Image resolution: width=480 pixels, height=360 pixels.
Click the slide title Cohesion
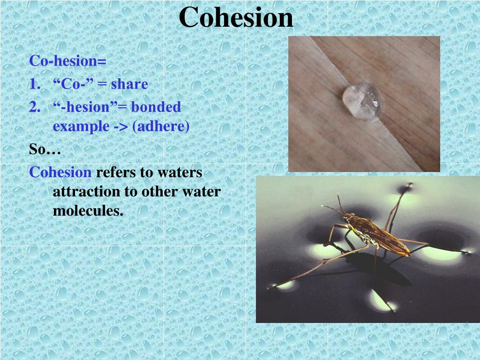236,18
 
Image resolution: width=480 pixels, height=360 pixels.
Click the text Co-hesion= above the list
68,61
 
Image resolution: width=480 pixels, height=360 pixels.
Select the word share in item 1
129,84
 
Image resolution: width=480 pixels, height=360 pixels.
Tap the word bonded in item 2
156,107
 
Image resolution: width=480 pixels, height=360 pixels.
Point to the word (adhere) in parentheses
161,127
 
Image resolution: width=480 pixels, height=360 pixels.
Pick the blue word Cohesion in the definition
60,172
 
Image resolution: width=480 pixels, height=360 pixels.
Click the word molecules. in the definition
88,211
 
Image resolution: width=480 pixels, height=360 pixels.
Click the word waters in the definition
180,172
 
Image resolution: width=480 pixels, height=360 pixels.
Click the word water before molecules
201,192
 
